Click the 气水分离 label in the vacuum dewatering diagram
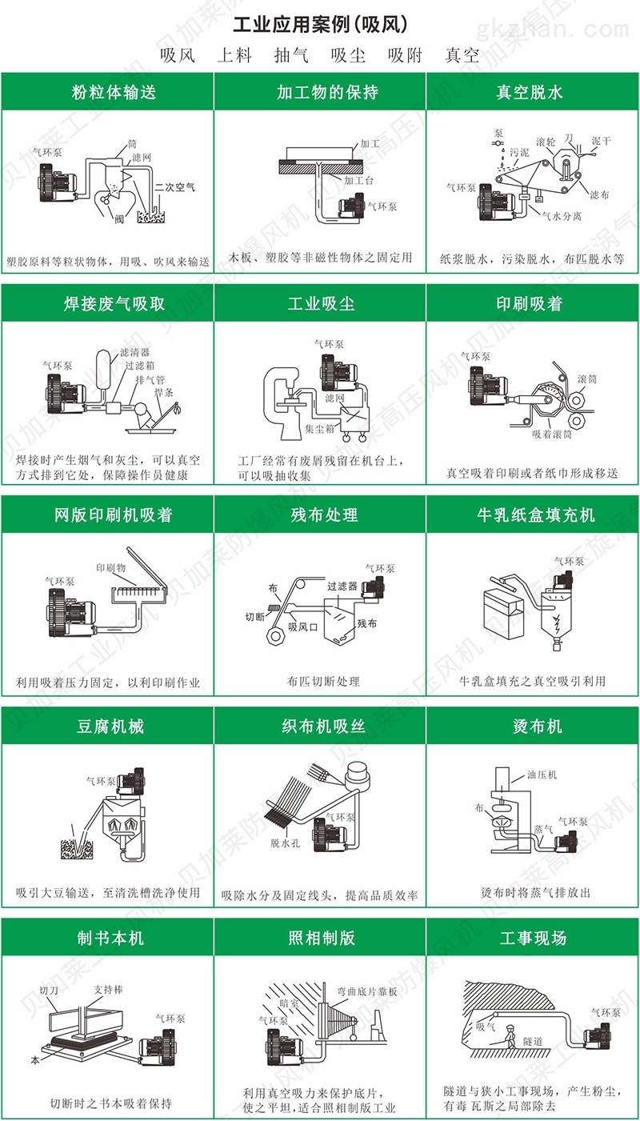click(x=562, y=215)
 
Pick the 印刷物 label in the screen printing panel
click(x=111, y=567)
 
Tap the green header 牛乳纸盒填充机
click(x=534, y=515)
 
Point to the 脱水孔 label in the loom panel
click(x=284, y=843)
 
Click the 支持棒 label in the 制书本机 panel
click(x=108, y=988)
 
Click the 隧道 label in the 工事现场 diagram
click(x=533, y=1041)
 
